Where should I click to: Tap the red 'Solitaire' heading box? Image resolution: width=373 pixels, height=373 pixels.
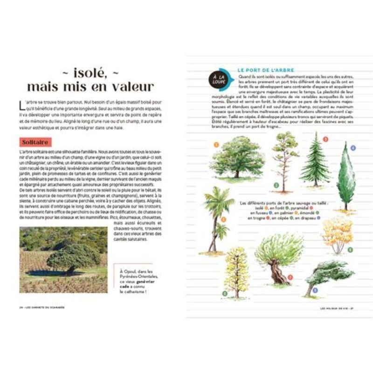(35, 142)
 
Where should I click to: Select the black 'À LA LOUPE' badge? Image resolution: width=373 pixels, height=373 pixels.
(217, 80)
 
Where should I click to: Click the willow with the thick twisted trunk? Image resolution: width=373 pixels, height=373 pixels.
(279, 257)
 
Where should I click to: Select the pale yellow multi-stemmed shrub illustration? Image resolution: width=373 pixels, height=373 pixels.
(337, 233)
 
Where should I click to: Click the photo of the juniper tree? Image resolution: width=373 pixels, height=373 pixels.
(63, 259)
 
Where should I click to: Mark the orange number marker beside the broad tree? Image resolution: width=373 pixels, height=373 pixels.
(216, 144)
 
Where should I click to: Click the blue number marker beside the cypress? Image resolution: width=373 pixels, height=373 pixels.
(353, 148)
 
